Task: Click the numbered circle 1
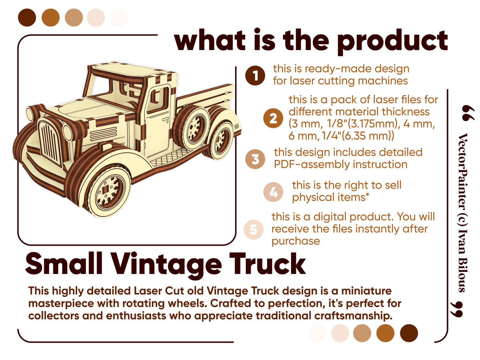255,76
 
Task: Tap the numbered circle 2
273,118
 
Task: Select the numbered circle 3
255,159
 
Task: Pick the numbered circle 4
273,192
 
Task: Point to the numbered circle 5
254,229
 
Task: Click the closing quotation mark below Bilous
456,310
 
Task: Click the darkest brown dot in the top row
27,18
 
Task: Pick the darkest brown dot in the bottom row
409,333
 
